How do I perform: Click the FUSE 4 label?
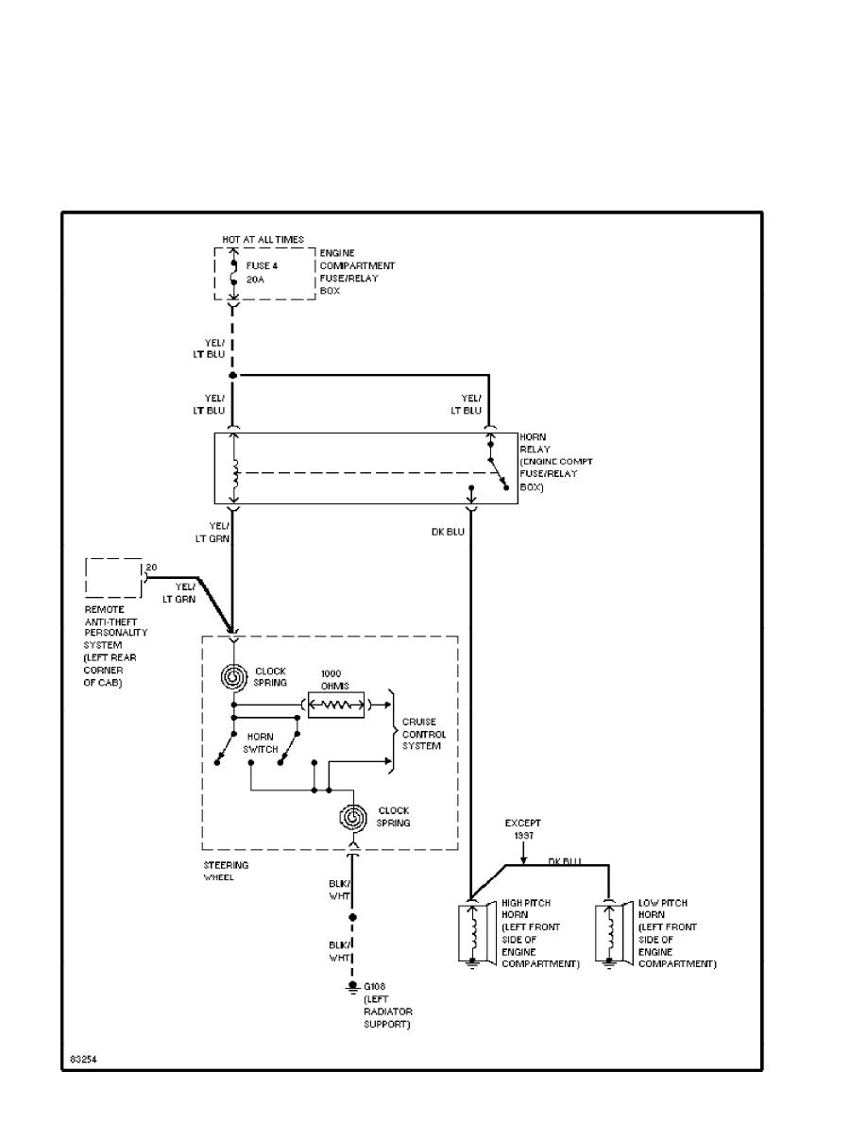pos(262,265)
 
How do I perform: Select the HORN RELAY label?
pos(535,444)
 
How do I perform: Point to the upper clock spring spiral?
pos(232,677)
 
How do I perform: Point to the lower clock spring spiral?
pos(353,816)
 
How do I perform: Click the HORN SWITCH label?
pos(261,742)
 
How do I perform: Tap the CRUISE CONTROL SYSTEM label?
pos(423,734)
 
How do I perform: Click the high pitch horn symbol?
pos(469,934)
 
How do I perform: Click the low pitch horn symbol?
pos(609,934)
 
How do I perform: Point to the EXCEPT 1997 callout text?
pos(522,829)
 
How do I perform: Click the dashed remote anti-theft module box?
pos(113,577)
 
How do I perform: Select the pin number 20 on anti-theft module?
pos(151,568)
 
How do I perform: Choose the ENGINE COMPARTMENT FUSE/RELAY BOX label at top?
pos(357,273)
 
